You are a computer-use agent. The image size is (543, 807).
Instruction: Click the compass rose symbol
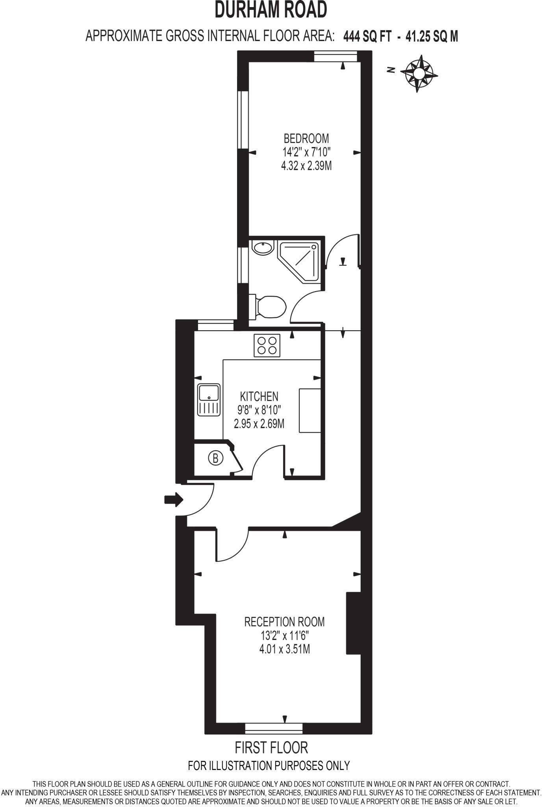pos(419,73)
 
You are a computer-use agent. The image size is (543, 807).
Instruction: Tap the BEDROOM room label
pos(306,138)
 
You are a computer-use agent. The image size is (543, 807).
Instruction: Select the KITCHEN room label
pos(259,396)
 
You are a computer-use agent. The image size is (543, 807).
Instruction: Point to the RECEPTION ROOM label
pos(284,622)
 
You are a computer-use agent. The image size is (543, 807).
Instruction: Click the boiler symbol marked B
pos(215,458)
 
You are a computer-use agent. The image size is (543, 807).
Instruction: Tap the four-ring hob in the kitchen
pos(267,346)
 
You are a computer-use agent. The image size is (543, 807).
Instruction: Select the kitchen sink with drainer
pos(209,400)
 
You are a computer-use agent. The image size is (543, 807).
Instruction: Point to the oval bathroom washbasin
pos(263,248)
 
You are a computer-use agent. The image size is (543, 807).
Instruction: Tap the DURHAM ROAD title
pos(271,11)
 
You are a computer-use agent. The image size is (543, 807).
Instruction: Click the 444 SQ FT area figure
pos(367,37)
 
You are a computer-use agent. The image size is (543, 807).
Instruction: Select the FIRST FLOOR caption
pos(271,747)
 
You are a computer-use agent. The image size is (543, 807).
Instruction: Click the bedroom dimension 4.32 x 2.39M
pos(306,166)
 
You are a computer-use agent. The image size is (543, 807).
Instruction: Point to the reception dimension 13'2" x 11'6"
pos(284,636)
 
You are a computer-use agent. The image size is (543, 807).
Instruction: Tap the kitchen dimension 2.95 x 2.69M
pos(259,424)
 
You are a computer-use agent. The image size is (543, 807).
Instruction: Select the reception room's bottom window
pos(274,728)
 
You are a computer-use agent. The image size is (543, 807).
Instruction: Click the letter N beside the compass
pos(391,70)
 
